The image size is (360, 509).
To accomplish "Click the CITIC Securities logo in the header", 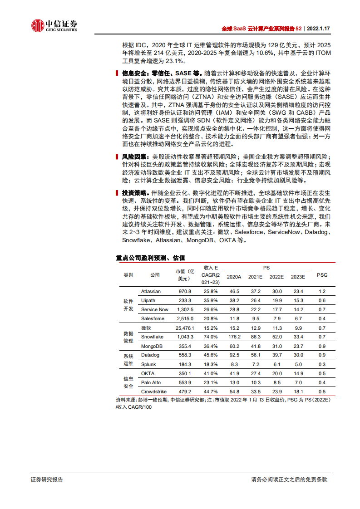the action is [54, 26].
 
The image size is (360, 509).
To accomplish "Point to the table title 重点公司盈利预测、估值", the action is [151, 258].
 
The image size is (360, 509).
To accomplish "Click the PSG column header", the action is [322, 275].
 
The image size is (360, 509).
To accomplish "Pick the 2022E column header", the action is [276, 277].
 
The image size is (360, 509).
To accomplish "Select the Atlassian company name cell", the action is [151, 291].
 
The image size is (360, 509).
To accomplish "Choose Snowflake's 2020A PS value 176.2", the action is [234, 337].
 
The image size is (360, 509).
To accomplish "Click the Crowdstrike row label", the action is [153, 392].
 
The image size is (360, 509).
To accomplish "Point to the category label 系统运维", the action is [128, 359].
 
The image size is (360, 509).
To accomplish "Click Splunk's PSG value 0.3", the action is [322, 364].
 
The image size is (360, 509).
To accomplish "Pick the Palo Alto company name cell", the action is [151, 382].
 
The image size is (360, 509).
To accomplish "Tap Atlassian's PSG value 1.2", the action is [322, 291].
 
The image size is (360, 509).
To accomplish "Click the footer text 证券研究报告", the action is [47, 479].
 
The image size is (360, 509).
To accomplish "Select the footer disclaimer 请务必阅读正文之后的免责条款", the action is [289, 479].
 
